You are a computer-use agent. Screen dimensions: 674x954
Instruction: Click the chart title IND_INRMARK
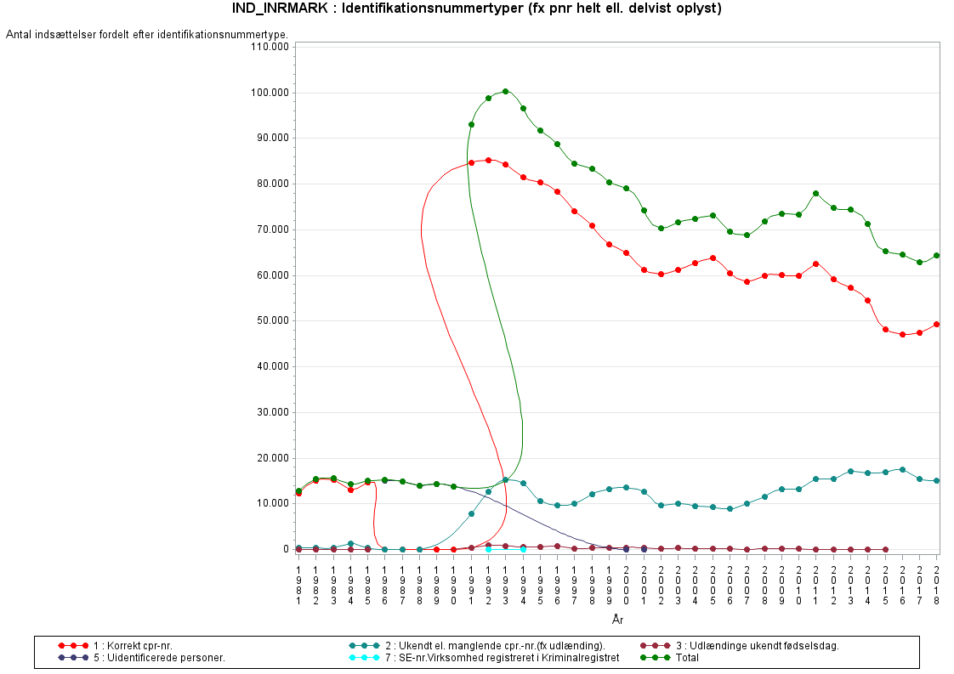pyautogui.click(x=281, y=8)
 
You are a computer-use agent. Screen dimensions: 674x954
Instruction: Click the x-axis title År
pyautogui.click(x=617, y=620)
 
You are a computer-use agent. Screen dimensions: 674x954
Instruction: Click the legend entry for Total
pyautogui.click(x=687, y=658)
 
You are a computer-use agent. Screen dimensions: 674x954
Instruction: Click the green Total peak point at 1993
pyautogui.click(x=506, y=91)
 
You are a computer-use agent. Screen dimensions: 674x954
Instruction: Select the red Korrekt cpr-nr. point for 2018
pyautogui.click(x=936, y=324)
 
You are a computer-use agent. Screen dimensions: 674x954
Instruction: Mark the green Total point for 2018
pyautogui.click(x=936, y=255)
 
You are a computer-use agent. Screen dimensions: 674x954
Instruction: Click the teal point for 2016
pyautogui.click(x=902, y=469)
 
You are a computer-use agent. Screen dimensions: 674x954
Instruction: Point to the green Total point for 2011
pyautogui.click(x=815, y=193)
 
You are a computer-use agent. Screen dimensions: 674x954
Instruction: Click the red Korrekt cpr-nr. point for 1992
pyautogui.click(x=488, y=160)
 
